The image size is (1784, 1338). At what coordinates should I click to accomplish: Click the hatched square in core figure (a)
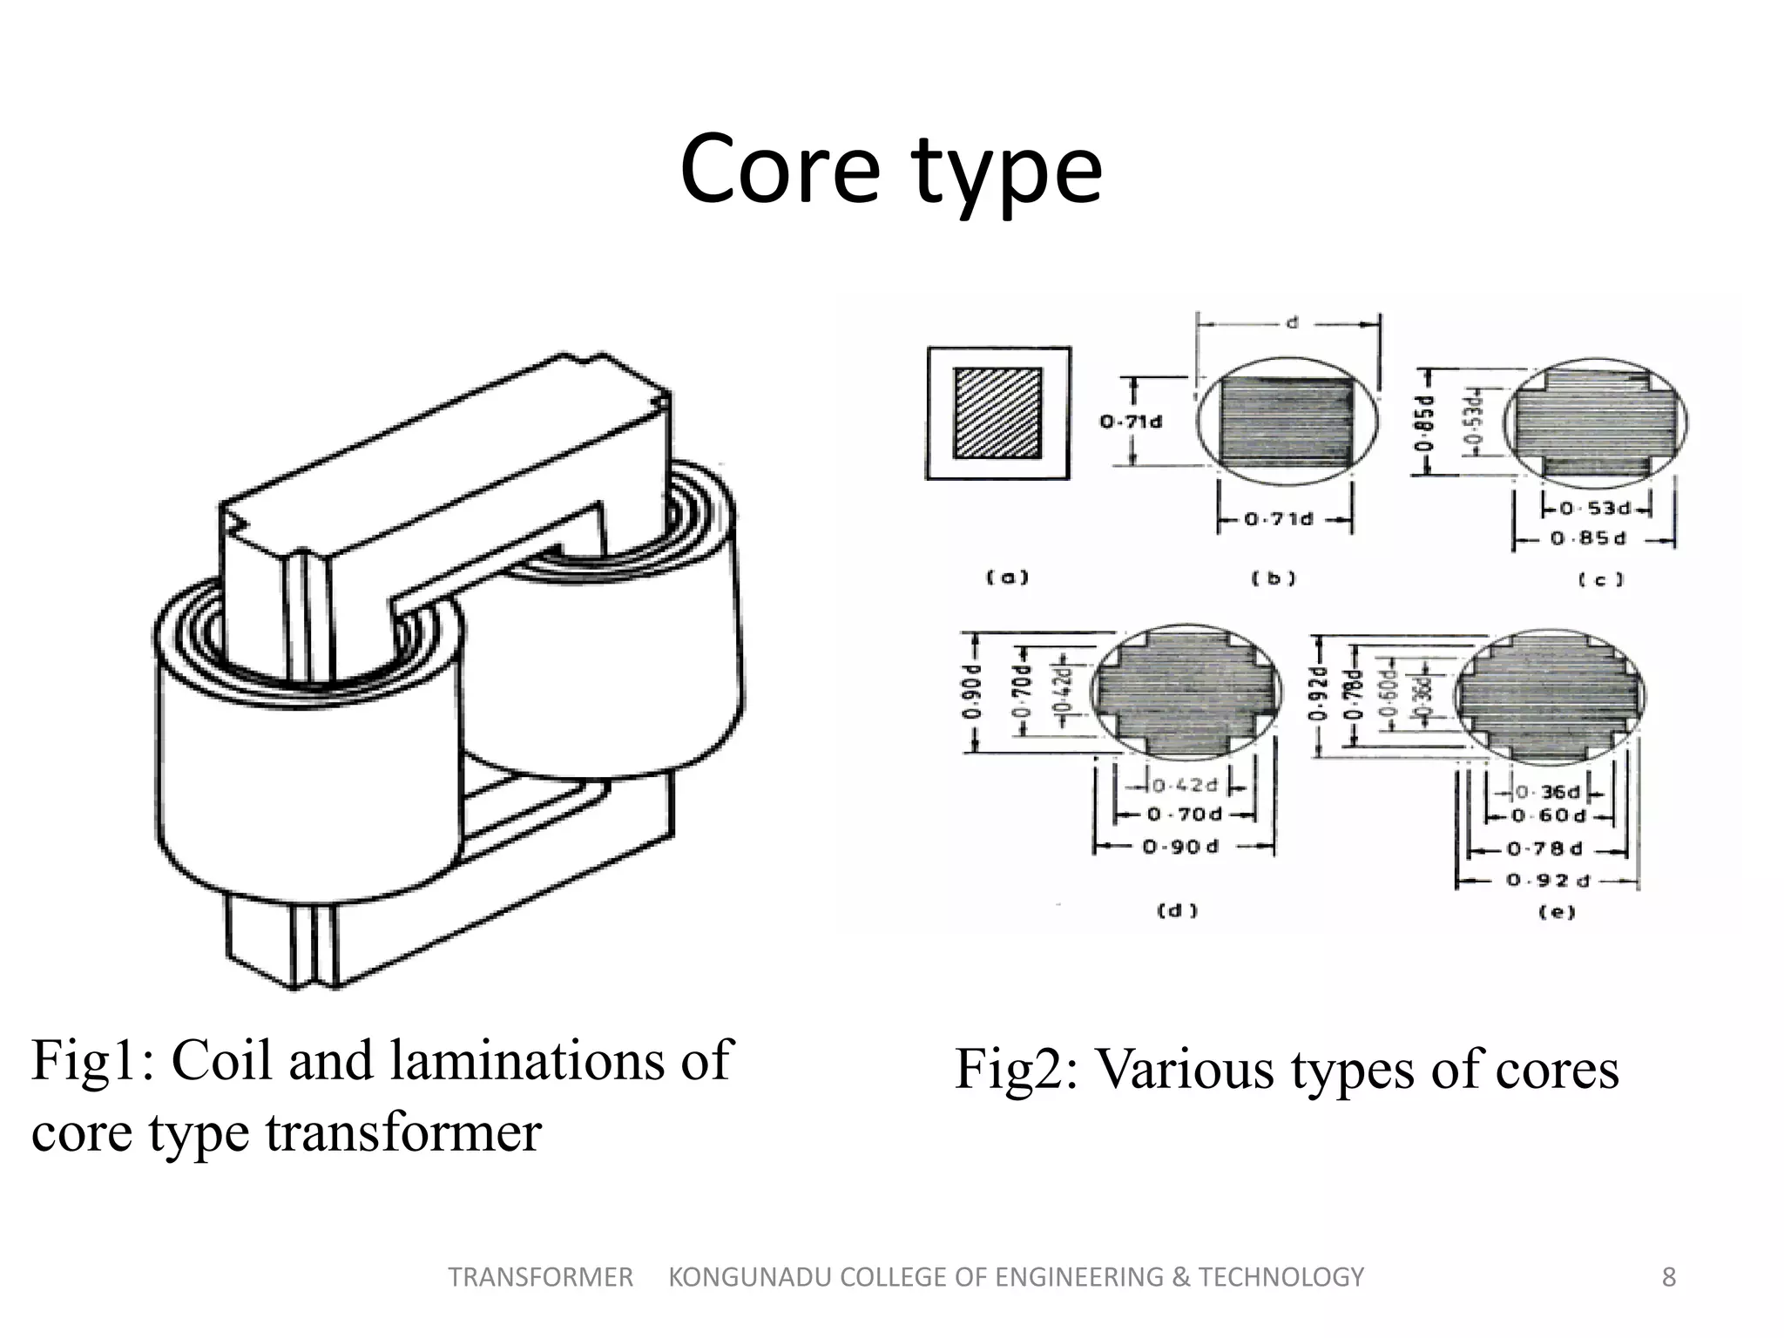pos(997,413)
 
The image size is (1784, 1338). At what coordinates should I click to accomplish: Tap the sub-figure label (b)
pos(1273,578)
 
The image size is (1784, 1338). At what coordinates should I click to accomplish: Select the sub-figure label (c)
pos(1601,579)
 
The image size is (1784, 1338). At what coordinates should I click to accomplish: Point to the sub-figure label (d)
pos(1177,911)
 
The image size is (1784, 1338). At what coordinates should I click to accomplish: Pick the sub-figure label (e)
pos(1557,912)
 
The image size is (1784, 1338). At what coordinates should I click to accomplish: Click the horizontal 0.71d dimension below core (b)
pos(1278,520)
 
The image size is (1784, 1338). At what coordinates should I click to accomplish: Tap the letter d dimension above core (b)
pos(1292,323)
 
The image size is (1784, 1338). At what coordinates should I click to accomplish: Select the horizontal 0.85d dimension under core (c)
pos(1588,539)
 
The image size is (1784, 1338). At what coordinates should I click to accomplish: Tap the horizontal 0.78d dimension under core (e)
pos(1546,848)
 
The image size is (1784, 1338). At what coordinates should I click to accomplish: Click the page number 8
pos(1668,1277)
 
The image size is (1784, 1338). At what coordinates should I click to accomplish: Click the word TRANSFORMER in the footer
pos(540,1277)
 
